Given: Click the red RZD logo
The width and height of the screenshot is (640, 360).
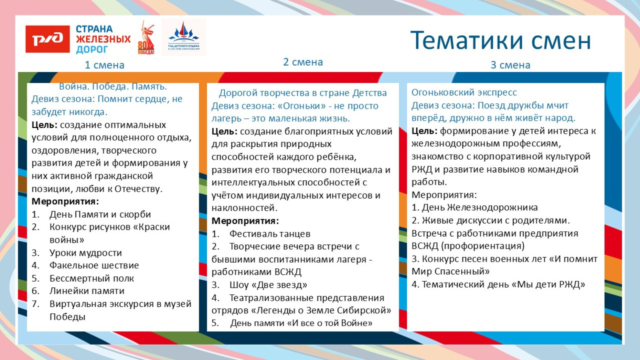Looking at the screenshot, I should click(x=48, y=39).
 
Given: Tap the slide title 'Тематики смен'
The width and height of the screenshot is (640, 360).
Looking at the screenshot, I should click(x=500, y=40).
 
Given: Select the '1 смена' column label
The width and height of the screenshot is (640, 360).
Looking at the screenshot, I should click(x=104, y=65).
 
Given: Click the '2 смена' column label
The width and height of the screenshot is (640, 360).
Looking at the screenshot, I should click(x=303, y=62).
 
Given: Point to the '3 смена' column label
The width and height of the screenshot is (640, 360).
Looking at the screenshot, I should click(x=510, y=65).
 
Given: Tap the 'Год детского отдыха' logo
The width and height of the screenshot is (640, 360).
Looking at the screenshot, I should click(x=183, y=38).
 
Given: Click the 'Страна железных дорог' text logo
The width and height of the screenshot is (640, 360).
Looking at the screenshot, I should click(x=102, y=39).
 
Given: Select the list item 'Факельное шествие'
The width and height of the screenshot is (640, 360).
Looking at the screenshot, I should click(x=94, y=265).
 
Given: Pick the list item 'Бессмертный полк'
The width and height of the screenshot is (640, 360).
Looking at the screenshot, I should click(x=92, y=278).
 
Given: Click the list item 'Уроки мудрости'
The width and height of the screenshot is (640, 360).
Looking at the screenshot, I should click(x=86, y=252).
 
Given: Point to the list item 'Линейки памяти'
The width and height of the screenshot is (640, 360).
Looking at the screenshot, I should click(x=87, y=291).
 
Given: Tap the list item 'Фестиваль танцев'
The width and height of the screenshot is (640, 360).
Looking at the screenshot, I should click(x=270, y=234).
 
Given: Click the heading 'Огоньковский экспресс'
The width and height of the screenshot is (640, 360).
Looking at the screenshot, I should click(x=464, y=92).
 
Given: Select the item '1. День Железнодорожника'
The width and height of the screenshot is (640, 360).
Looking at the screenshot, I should click(x=475, y=207).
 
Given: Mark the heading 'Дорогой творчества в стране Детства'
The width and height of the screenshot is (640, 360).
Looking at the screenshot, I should click(x=303, y=93).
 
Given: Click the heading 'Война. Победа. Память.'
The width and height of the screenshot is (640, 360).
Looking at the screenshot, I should click(x=113, y=87).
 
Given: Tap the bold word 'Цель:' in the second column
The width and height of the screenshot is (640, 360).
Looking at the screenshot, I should click(x=224, y=132).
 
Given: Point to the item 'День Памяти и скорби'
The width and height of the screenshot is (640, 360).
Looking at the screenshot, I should click(x=100, y=214).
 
